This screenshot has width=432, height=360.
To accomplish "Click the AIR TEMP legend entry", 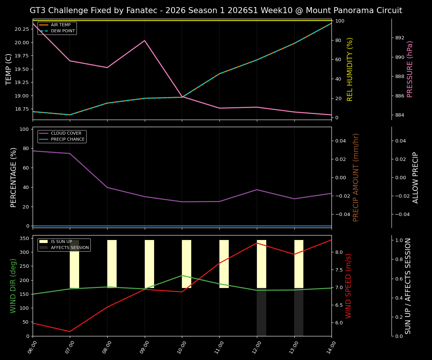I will click(60, 25).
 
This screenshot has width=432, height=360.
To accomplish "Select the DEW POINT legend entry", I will click(63, 31).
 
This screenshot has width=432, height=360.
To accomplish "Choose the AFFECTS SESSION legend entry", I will click(70, 247).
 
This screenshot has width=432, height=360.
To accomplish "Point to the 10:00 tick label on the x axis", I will click(181, 347).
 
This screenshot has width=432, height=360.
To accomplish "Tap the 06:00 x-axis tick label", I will click(32, 347).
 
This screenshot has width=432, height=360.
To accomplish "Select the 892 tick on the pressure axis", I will click(400, 38).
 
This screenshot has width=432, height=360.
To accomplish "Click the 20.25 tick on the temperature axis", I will click(21, 29).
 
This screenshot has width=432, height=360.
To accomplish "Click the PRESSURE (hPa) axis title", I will click(410, 69).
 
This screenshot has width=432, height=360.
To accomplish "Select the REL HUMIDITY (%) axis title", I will click(350, 69).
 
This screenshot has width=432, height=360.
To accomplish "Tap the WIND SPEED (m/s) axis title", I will click(348, 286).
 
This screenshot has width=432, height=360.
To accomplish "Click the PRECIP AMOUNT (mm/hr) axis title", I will click(356, 177).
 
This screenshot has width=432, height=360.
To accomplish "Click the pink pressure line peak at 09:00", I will click(145, 40).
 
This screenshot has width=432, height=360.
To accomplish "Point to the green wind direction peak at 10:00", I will click(182, 275).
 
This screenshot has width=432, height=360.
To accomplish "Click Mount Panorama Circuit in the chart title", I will click(354, 10).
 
